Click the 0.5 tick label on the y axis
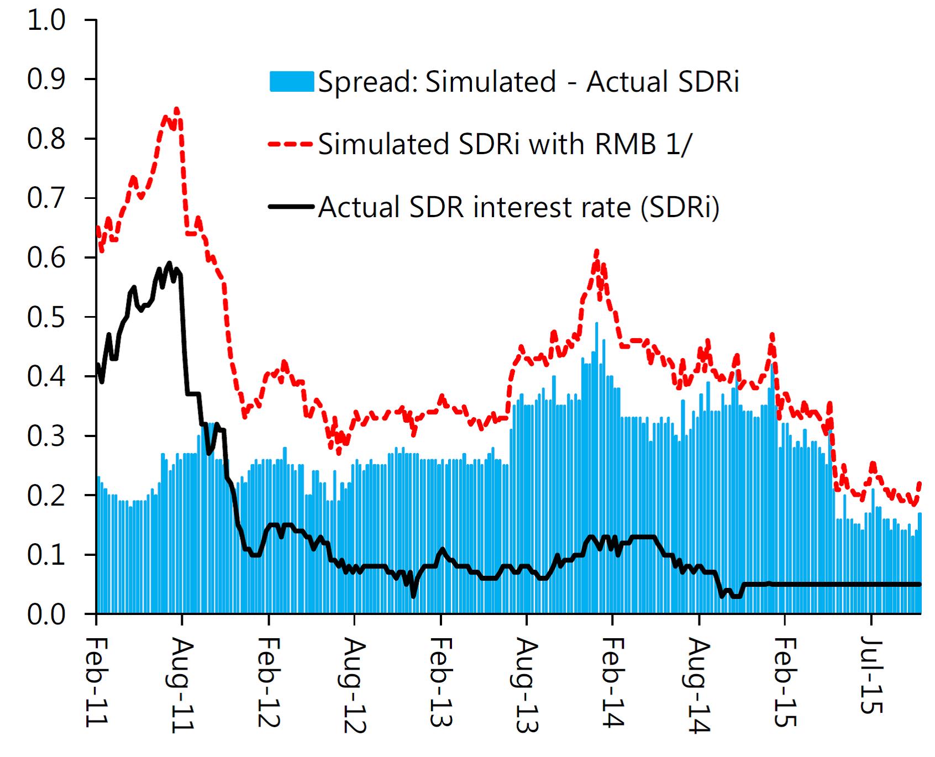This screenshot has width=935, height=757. [46, 317]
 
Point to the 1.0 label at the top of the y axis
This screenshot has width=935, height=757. [46, 20]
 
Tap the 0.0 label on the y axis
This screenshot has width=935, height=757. [46, 614]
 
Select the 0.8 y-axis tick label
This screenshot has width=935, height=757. [46, 139]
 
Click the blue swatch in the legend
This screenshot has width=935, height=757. [292, 82]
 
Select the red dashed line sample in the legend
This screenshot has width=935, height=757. [292, 144]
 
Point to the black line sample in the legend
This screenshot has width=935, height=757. [292, 207]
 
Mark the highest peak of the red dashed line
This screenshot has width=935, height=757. [177, 108]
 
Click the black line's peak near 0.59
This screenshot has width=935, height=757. [170, 262]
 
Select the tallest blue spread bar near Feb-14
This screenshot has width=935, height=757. [596, 323]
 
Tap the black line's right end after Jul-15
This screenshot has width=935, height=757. [920, 584]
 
